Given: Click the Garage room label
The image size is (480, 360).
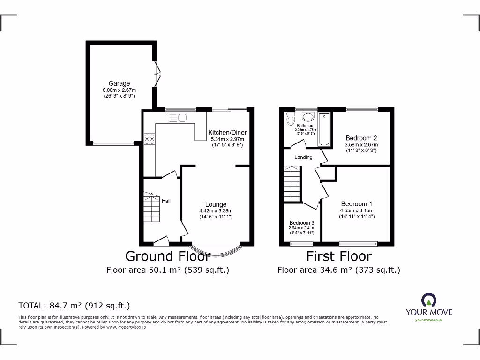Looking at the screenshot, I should click(x=119, y=84).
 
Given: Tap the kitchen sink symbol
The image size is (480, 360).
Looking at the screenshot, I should click(x=177, y=117).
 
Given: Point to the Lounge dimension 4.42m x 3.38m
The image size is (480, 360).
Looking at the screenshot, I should click(x=216, y=210).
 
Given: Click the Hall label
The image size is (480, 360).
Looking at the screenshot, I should click(x=166, y=201).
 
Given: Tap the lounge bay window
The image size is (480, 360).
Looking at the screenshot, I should click(x=216, y=252).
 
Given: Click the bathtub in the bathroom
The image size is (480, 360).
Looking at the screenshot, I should click(x=324, y=129).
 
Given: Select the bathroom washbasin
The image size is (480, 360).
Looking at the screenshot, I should click(x=308, y=117).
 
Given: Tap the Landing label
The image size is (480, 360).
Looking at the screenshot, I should click(x=303, y=157).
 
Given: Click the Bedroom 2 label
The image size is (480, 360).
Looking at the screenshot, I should click(x=361, y=138).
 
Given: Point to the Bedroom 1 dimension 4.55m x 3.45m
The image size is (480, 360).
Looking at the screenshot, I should click(x=357, y=210).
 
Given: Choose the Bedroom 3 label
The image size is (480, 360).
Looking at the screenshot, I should click(x=301, y=223).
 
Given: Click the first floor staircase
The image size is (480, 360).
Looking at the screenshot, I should click(x=292, y=184).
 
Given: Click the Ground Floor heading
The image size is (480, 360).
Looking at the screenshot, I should click(x=167, y=256).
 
